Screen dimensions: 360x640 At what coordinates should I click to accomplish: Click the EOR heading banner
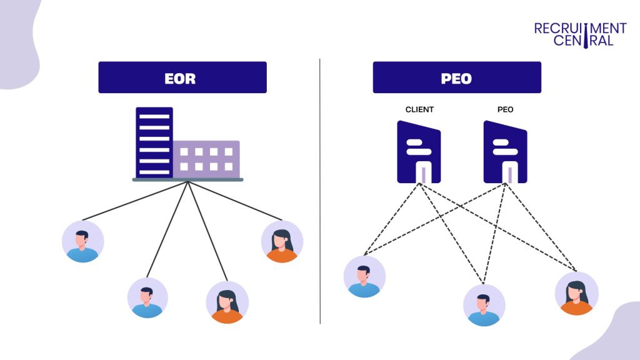(x=182, y=77)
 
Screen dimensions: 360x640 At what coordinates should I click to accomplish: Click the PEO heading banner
(x=457, y=77)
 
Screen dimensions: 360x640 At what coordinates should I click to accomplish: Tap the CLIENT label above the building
(x=419, y=109)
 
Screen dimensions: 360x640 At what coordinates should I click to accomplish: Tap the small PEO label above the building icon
(x=505, y=109)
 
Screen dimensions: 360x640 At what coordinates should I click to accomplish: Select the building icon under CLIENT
(x=419, y=152)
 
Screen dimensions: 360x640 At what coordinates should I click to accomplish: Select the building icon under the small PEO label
(x=505, y=152)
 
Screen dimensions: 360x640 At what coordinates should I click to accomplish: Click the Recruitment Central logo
(x=580, y=34)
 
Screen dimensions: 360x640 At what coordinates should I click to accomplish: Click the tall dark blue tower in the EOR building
(x=154, y=142)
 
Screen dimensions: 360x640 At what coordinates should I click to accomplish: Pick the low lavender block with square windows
(x=206, y=159)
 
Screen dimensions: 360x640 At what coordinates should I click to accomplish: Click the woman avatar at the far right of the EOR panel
(x=282, y=241)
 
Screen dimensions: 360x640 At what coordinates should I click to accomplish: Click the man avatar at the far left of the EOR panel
(x=83, y=241)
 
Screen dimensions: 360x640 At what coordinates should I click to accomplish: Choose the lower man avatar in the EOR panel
(x=147, y=297)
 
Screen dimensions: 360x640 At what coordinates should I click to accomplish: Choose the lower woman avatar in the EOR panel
(x=227, y=302)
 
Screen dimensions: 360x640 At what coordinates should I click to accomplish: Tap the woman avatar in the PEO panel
(x=576, y=293)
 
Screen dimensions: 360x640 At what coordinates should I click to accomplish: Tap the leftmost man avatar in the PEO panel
(x=364, y=276)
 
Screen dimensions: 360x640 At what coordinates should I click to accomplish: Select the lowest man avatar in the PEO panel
(x=484, y=305)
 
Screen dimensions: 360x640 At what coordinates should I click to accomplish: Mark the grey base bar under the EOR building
(x=187, y=179)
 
